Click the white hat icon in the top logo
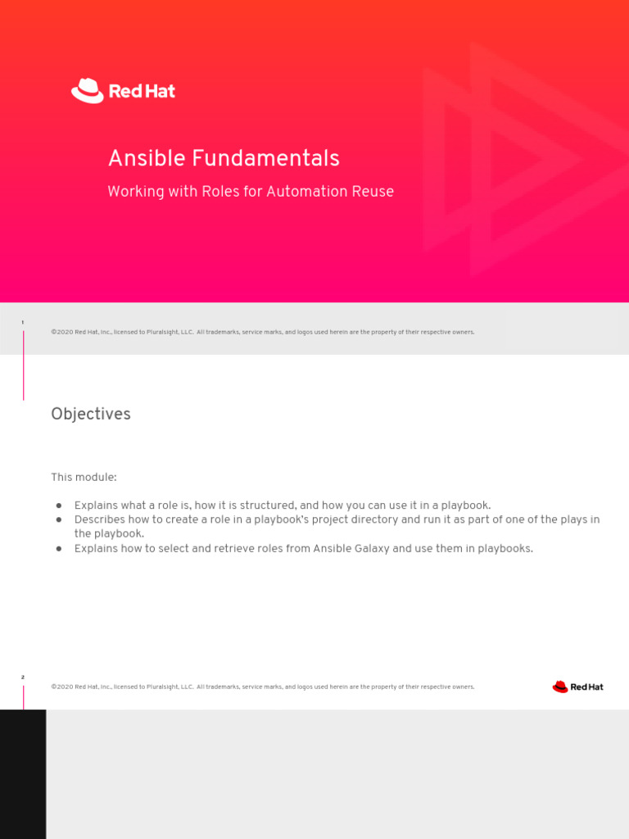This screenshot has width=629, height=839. tap(87, 90)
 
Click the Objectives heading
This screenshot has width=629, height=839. tap(91, 415)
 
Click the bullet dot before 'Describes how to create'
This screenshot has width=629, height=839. tap(59, 519)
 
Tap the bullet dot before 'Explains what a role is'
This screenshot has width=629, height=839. tap(59, 506)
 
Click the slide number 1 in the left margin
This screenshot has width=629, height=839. tap(23, 323)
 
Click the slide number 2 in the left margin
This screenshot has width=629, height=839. tap(23, 678)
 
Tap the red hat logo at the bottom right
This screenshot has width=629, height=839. tap(577, 687)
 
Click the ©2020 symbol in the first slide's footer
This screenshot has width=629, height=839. tap(61, 332)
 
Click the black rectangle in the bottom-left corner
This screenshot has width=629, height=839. tap(23, 773)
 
